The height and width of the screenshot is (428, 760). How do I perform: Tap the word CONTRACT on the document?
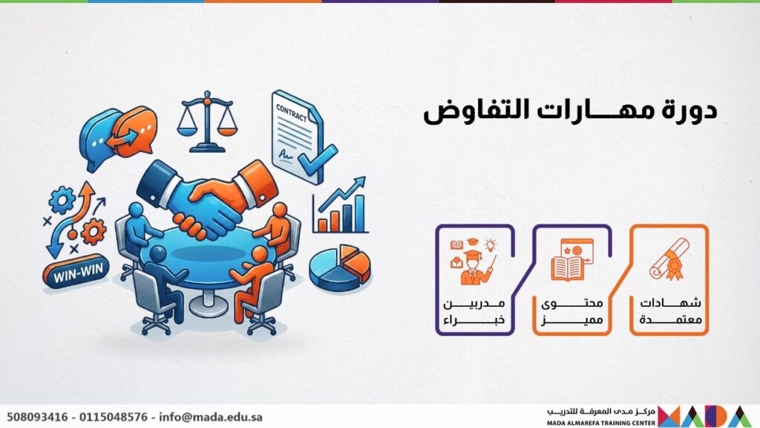point(291,114)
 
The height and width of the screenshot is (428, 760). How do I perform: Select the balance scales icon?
point(208,121)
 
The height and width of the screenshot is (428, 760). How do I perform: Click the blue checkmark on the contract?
point(318,159)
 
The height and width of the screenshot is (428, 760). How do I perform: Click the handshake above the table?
point(208,199)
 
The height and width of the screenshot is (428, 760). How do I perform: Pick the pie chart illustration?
point(340,267)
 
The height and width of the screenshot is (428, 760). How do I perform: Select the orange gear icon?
point(94,232)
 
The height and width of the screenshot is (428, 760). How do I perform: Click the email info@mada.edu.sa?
point(211,417)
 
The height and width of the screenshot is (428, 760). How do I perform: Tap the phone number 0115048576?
point(114,417)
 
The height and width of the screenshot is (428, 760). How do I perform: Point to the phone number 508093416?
point(37,417)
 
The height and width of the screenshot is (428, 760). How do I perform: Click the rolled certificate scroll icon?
point(669,259)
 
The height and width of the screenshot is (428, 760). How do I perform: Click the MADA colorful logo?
point(705,416)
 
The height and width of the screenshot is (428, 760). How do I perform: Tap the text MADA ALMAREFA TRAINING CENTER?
point(601,423)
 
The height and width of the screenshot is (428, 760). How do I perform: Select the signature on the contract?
point(286,155)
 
